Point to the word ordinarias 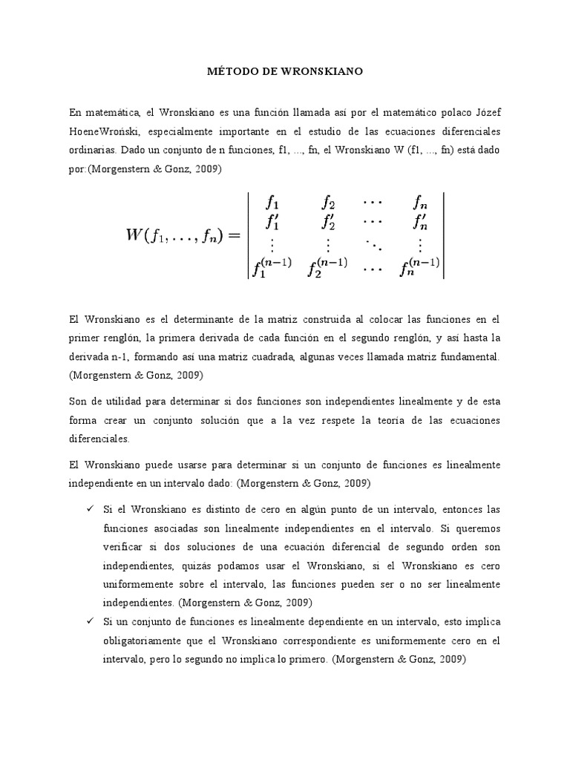click(x=93, y=150)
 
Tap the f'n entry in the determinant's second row click(x=419, y=221)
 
